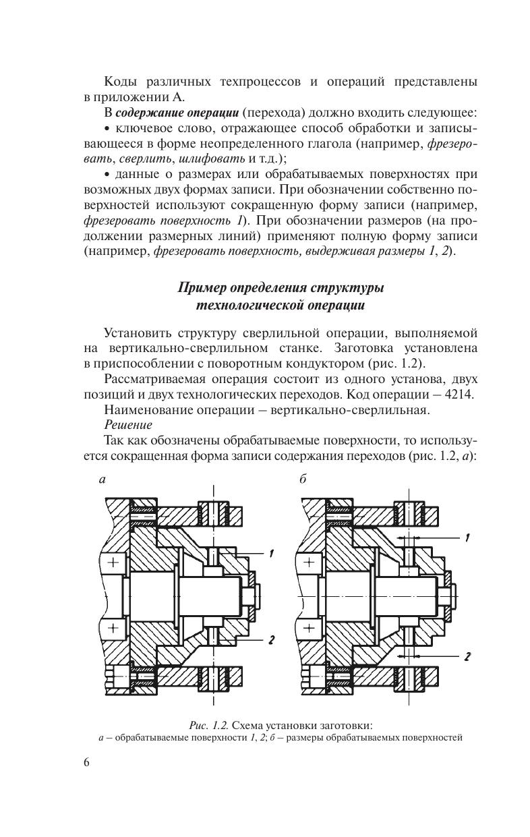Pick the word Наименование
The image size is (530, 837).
(149, 409)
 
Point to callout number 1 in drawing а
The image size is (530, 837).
(270, 554)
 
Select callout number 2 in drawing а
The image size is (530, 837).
(270, 640)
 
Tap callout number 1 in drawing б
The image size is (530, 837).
(467, 538)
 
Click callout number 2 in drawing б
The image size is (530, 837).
(467, 655)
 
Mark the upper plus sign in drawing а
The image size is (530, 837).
(112, 561)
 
